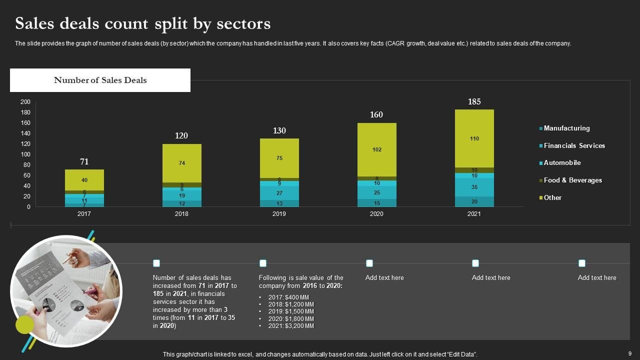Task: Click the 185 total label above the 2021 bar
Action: [474, 102]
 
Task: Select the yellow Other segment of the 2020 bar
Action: [376, 149]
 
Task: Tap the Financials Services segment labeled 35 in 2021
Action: [474, 187]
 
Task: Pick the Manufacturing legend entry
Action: [566, 128]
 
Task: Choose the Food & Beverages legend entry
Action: [572, 180]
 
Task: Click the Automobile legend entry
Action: [562, 163]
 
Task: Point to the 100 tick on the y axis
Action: [25, 154]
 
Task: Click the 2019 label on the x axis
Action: [279, 214]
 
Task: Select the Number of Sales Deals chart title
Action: [100, 80]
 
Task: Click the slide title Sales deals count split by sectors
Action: [143, 23]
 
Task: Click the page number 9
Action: [629, 353]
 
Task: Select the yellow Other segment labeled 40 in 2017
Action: [84, 180]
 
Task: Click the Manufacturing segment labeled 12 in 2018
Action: [181, 203]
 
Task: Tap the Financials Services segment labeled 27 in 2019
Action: [279, 193]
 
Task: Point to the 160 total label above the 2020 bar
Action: [376, 115]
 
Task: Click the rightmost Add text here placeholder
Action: [597, 278]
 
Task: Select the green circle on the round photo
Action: [24, 325]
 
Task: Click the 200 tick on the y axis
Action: [25, 102]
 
